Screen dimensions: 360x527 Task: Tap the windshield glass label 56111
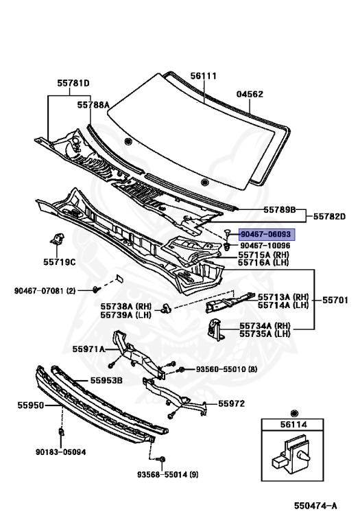[x=204, y=76]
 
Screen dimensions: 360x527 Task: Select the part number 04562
[x=250, y=94]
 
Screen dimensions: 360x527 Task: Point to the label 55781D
[x=73, y=83]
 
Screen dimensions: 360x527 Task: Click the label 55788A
[x=93, y=105]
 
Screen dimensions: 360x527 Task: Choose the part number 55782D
[x=329, y=216]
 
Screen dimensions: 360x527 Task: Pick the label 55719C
[x=60, y=262]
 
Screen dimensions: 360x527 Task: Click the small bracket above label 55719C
[x=57, y=239]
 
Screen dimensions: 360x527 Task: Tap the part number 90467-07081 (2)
[x=45, y=290]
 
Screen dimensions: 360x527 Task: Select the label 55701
[x=335, y=300]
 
